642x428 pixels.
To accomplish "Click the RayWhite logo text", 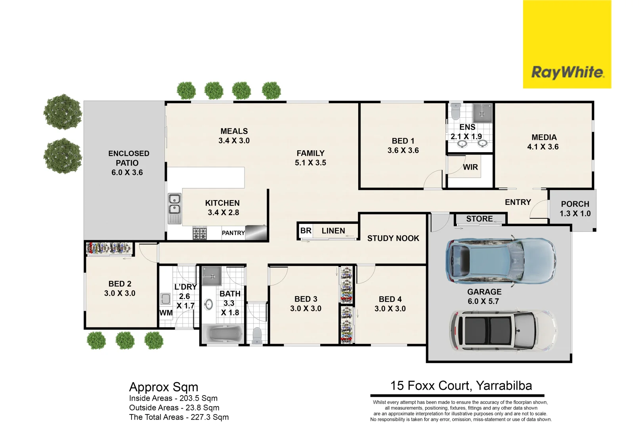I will pyautogui.click(x=567, y=73).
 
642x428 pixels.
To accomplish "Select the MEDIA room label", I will pyautogui.click(x=544, y=138).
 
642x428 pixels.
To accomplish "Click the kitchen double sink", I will pyautogui.click(x=174, y=204).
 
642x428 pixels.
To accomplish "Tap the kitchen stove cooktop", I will pyautogui.click(x=200, y=233).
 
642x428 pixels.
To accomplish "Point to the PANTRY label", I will pyautogui.click(x=233, y=233).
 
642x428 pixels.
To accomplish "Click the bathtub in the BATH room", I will pyautogui.click(x=223, y=334).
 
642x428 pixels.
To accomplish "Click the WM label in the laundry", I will pyautogui.click(x=166, y=313).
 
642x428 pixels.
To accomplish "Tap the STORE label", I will pyautogui.click(x=479, y=219).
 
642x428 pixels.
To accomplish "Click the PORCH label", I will pyautogui.click(x=575, y=204).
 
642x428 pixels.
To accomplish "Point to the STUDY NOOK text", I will pyautogui.click(x=393, y=238).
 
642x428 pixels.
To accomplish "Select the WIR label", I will pyautogui.click(x=470, y=167).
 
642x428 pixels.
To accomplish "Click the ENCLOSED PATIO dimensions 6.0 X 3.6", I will pyautogui.click(x=127, y=172).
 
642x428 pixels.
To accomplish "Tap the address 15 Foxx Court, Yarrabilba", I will pyautogui.click(x=460, y=386).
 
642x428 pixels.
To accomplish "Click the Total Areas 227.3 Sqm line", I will pyautogui.click(x=179, y=417).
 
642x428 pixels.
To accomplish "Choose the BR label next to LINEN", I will pyautogui.click(x=306, y=231).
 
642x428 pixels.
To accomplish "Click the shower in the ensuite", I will pyautogui.click(x=482, y=113).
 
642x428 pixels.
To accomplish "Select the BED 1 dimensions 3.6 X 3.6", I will pyautogui.click(x=403, y=151).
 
